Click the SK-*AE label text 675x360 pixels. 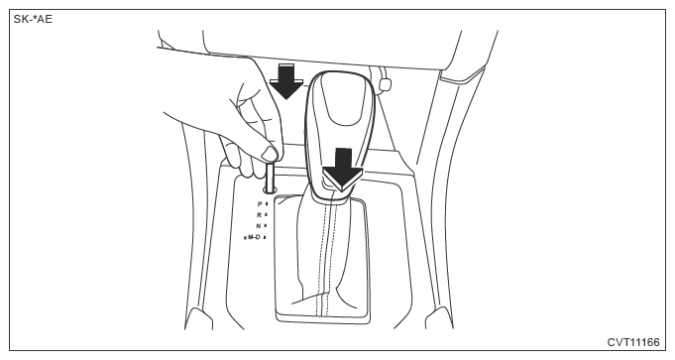33,19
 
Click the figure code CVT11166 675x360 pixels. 633,342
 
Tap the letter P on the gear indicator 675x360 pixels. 260,203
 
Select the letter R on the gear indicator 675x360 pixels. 259,214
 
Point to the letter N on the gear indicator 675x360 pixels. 259,226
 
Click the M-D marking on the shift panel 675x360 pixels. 254,237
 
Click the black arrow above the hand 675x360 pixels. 286,81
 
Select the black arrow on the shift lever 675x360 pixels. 343,170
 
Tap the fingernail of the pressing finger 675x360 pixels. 270,154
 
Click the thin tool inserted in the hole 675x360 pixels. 271,177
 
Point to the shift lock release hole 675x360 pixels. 271,189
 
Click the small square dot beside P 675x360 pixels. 267,203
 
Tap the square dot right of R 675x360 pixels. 267,214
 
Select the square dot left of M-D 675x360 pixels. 245,237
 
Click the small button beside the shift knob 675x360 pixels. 384,83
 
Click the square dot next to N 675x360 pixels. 266,226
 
